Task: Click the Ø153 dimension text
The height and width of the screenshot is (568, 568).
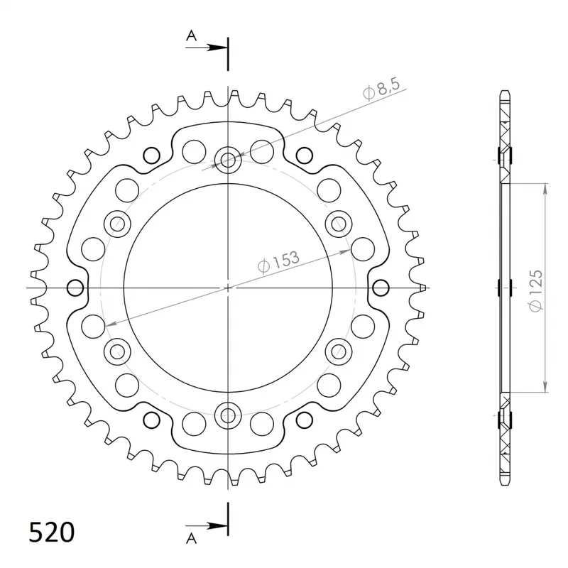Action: [278, 261]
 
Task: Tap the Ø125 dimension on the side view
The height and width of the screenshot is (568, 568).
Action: [535, 290]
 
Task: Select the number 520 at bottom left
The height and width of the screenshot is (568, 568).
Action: [51, 532]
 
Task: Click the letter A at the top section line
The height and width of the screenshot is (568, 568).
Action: [191, 36]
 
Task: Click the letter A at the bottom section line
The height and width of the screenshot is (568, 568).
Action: [191, 539]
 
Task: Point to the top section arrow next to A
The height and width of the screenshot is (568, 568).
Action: [207, 48]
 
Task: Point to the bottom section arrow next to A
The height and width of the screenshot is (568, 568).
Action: [207, 526]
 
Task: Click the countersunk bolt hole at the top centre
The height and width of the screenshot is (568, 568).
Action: [227, 159]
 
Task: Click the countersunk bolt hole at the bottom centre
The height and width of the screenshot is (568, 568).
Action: [227, 415]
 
